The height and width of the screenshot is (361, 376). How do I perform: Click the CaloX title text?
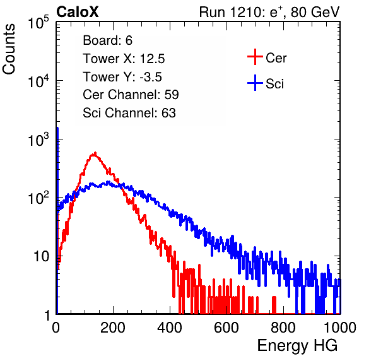tap(78, 12)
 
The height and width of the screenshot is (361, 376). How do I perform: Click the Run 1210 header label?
tap(269, 12)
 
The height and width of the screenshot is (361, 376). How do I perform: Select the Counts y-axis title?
tap(9, 49)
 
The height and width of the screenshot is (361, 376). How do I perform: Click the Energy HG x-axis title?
tap(297, 346)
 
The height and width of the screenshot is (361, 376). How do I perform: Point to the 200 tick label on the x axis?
tap(113, 328)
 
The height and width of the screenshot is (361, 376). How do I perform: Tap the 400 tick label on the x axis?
tap(170, 328)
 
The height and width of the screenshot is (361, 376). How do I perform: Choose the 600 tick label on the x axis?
tap(226, 328)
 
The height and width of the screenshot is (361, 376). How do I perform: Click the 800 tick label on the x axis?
tap(283, 328)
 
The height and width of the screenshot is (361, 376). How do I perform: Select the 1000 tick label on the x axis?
tap(340, 328)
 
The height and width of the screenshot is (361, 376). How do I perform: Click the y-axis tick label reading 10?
tap(41, 256)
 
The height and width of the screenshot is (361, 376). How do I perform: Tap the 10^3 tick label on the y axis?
tap(38, 139)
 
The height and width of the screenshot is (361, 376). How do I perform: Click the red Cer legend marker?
tap(255, 57)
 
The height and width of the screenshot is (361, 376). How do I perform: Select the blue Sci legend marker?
tap(255, 83)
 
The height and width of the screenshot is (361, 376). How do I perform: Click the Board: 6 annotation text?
tap(108, 40)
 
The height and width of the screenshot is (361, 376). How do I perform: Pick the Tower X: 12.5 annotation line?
tap(124, 59)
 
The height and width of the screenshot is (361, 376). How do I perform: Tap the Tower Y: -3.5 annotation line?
tap(122, 77)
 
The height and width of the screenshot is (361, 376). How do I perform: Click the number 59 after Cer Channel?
tap(172, 95)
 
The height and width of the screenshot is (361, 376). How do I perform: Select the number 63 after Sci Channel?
tap(168, 113)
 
